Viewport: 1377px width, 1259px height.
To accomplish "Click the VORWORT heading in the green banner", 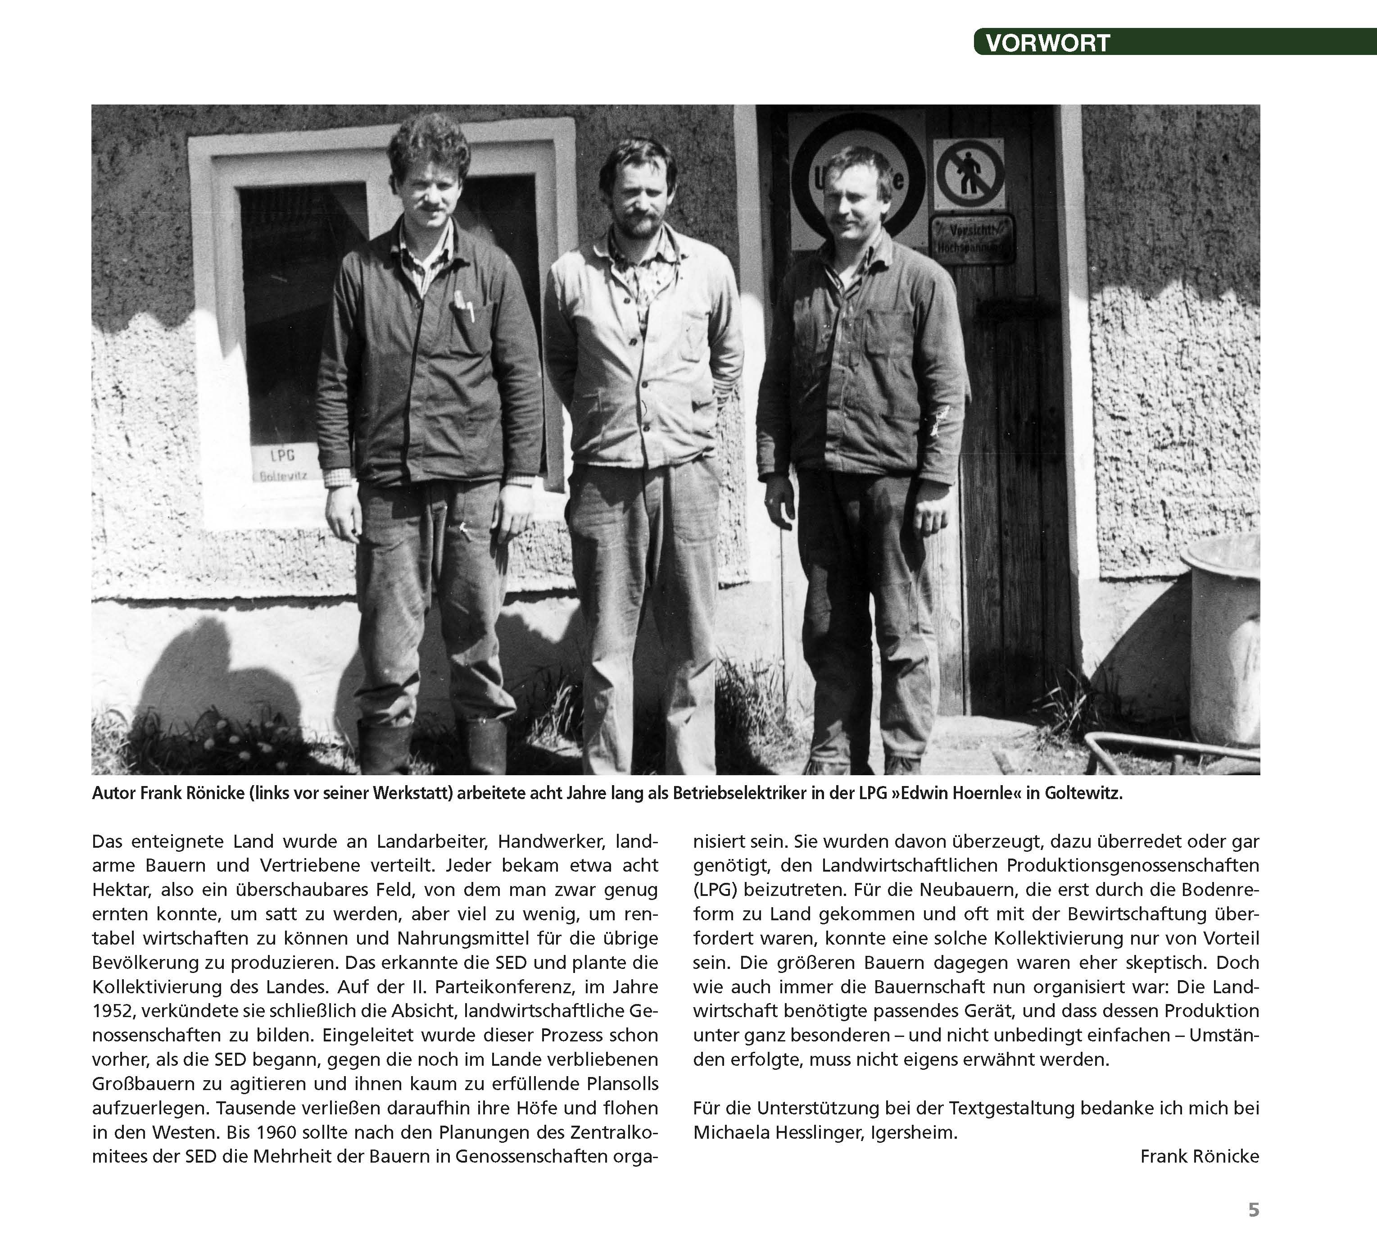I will coord(1047,43).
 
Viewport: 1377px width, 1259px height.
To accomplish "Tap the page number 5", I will coord(1253,1210).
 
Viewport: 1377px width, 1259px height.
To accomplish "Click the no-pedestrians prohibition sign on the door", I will coord(969,174).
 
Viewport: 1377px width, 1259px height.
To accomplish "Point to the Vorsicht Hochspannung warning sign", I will coord(972,238).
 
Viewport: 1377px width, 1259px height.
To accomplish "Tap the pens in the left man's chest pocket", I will coord(464,304).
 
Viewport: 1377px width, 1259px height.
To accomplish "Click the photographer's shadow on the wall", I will coord(226,676).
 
